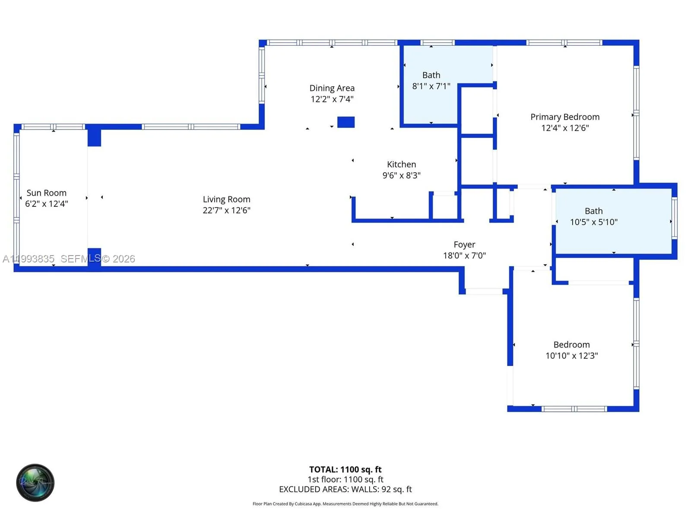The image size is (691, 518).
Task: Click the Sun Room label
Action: pos(46,193)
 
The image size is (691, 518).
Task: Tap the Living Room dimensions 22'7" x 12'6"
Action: pos(226,210)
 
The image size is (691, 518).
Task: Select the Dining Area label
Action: pos(332,88)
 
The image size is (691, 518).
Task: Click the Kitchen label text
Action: pos(401,164)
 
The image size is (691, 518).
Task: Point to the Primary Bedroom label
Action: pos(564,117)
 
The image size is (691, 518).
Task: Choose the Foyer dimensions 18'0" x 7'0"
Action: pos(464,256)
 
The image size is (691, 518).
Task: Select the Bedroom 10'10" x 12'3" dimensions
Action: pos(571,356)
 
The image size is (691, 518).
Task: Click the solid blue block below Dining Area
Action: pos(345,122)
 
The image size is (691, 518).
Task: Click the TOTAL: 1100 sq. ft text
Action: pos(345,469)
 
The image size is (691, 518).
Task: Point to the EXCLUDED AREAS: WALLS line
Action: pos(345,489)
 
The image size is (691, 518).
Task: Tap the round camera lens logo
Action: pos(35,483)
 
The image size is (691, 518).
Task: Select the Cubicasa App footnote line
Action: pos(345,504)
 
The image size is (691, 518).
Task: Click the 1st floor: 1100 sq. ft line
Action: pos(345,479)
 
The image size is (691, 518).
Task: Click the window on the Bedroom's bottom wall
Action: pos(574,409)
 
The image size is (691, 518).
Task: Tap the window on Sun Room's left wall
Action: pos(16,197)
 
